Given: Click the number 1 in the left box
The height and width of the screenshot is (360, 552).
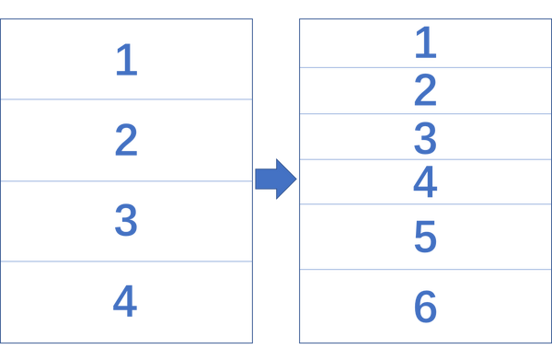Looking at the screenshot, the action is [x=127, y=60].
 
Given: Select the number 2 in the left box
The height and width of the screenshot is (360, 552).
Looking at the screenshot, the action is [x=126, y=140].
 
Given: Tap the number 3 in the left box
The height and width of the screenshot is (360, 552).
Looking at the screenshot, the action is [x=126, y=220].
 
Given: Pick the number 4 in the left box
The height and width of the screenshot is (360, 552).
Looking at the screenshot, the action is [x=125, y=301].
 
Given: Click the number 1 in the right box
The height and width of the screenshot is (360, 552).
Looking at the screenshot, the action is [x=426, y=42].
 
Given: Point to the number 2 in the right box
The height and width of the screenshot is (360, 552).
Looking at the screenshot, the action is [x=425, y=90].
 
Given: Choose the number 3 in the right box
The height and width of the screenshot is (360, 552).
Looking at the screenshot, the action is [x=425, y=138].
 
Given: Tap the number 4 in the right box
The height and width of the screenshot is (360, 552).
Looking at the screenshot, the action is [x=425, y=181].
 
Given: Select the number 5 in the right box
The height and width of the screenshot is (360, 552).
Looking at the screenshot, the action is [x=426, y=237].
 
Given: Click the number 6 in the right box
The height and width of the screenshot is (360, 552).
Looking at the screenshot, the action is [x=426, y=307].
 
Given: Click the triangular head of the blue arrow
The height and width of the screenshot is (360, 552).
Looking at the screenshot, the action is [x=286, y=179].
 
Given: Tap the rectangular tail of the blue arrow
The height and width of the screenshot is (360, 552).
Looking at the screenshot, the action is [x=266, y=179].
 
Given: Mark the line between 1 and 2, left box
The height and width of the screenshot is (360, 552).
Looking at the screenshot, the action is [x=126, y=99].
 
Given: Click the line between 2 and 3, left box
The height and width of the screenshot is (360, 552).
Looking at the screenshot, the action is [x=126, y=181].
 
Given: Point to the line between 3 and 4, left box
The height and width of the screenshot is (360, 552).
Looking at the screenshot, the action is [x=126, y=261].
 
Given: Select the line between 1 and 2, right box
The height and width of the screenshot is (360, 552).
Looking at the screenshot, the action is [x=425, y=67].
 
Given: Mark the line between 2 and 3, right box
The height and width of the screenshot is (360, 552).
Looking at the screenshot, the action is [x=425, y=114].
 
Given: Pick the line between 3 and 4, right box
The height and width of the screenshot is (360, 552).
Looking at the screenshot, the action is [x=425, y=159].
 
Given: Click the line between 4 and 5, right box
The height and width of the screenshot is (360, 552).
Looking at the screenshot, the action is [x=425, y=204].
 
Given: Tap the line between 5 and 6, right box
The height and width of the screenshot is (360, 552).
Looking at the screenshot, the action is [x=425, y=270].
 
